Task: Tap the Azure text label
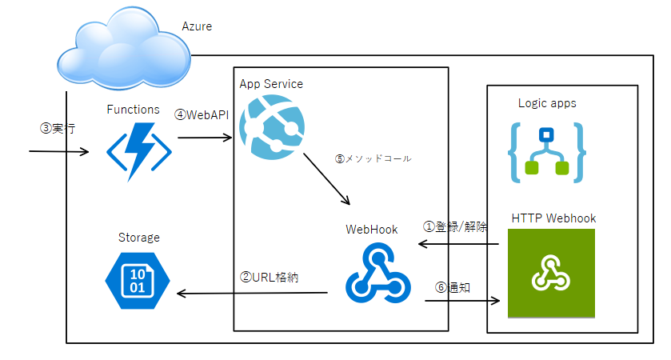197,26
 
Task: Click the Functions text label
134,110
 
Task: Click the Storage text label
139,238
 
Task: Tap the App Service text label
271,84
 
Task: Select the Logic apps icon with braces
546,150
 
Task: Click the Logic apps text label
547,103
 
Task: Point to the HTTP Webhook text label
553,218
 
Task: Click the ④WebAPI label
202,114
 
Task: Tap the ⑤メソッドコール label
373,158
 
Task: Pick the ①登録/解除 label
454,226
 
